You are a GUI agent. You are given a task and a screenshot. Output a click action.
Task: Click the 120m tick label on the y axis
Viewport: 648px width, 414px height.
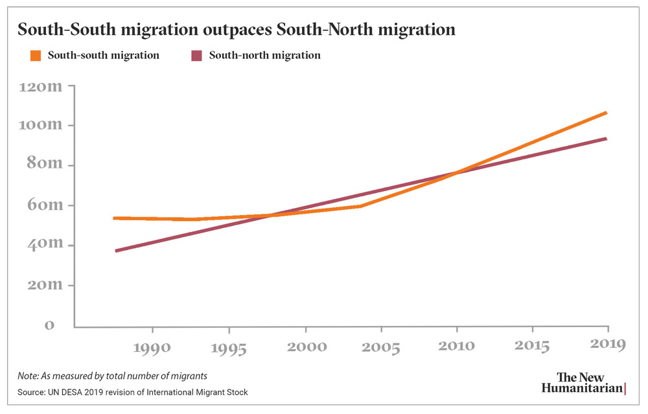pos(41,86)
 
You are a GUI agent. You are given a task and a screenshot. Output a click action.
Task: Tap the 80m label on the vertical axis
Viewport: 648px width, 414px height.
pos(44,165)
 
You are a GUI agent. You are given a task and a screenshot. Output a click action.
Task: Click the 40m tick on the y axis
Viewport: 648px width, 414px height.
pos(44,245)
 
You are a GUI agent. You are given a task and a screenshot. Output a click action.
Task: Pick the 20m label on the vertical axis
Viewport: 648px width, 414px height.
pos(44,285)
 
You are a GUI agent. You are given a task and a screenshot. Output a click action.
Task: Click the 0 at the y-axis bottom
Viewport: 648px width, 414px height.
pos(49,325)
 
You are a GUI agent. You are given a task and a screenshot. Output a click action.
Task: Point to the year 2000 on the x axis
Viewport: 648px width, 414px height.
pos(305,347)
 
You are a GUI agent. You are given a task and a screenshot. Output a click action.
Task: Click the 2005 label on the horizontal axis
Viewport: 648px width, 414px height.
pos(382,347)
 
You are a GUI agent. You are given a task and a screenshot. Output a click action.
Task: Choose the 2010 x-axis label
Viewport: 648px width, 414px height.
pos(458,347)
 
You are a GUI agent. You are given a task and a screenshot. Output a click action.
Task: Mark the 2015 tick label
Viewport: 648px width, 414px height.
pos(532,347)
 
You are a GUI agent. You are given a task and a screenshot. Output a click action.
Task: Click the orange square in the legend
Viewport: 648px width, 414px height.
pos(36,56)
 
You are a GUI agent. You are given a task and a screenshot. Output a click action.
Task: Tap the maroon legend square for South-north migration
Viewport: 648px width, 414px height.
pos(196,56)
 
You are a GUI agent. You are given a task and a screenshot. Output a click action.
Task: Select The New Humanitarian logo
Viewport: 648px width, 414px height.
pos(583,383)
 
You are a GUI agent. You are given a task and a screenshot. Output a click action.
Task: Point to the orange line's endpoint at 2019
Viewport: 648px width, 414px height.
pos(605,113)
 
